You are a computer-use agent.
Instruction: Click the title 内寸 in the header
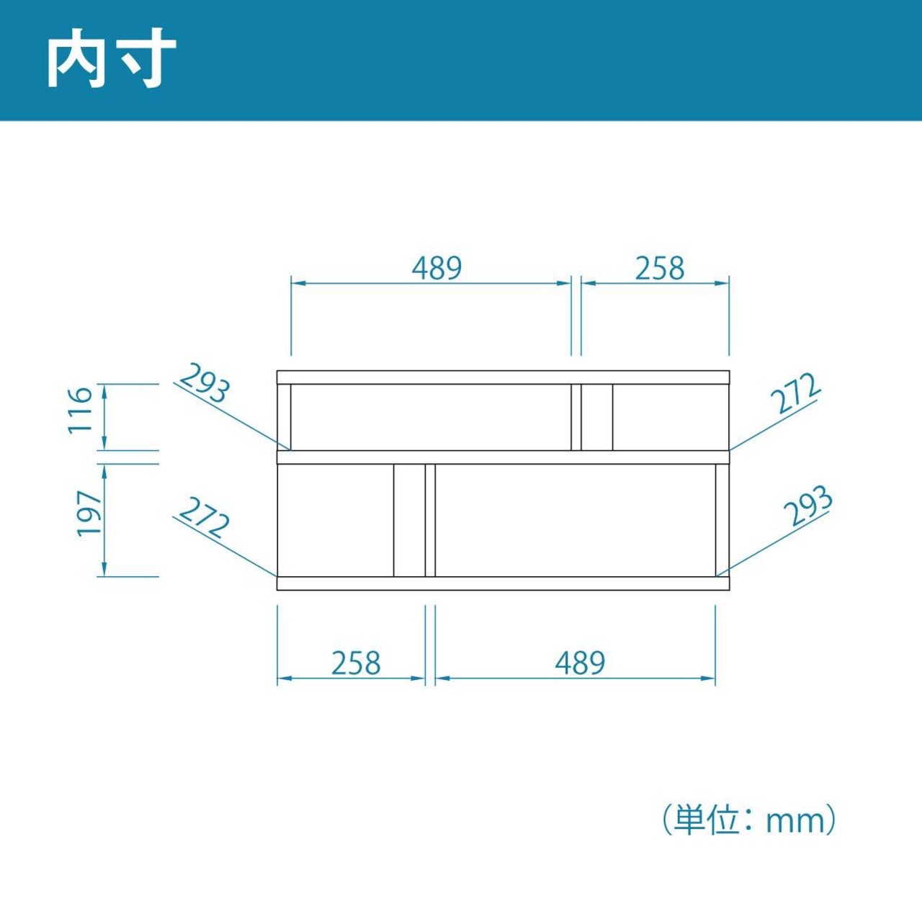pos(112,61)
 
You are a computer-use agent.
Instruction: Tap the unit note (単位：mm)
pos(749,820)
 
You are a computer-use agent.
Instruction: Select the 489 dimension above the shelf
pos(437,268)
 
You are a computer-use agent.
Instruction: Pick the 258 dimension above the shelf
pos(659,268)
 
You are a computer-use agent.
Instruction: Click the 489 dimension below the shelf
pos(580,663)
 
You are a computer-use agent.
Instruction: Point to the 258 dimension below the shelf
pos(356,663)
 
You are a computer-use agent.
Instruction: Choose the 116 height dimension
pos(81,409)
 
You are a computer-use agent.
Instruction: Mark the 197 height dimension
pos(90,513)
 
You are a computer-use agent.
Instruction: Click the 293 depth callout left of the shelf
pos(205,383)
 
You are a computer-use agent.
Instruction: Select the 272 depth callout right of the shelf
pos(795,393)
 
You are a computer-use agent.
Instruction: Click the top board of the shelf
pos(503,377)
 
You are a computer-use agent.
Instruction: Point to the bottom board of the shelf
pos(503,583)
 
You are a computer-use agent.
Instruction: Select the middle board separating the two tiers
pos(503,457)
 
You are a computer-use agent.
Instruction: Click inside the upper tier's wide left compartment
pos(431,418)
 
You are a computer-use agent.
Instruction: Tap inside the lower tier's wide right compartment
pos(575,520)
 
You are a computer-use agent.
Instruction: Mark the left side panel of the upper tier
pos(284,418)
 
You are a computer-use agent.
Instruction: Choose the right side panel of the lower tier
pos(722,520)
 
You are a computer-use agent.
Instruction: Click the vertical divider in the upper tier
pos(576,418)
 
